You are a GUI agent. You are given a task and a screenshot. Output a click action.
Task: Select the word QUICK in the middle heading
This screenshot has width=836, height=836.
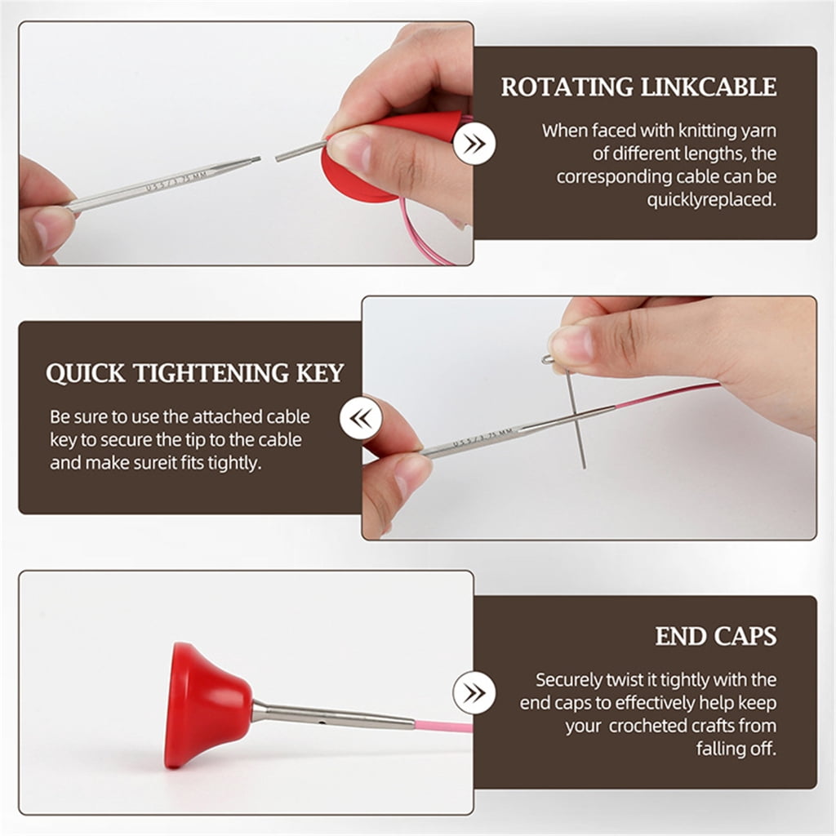(85, 373)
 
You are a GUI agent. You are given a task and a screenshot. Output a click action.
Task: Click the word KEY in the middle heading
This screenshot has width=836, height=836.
(320, 372)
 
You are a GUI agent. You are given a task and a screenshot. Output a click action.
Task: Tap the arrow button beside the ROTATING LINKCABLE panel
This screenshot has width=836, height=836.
(474, 144)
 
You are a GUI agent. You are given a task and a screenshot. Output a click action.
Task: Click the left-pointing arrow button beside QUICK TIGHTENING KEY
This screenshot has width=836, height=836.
(361, 418)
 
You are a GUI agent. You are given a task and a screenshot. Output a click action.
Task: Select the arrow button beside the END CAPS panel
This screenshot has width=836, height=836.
(474, 693)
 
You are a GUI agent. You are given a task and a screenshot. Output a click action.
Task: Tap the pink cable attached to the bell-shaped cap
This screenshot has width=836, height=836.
(443, 726)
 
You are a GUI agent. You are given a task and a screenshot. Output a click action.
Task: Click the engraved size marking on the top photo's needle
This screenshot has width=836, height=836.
(176, 181)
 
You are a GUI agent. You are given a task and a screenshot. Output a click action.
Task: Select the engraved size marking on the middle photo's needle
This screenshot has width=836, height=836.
(482, 438)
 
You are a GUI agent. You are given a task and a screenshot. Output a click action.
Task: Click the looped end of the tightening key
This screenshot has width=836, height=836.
(549, 361)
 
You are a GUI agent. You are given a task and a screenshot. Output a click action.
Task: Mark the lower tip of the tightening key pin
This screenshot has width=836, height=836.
(585, 468)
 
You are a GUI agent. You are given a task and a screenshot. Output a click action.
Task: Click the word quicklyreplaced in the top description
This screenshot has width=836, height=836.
(712, 200)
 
